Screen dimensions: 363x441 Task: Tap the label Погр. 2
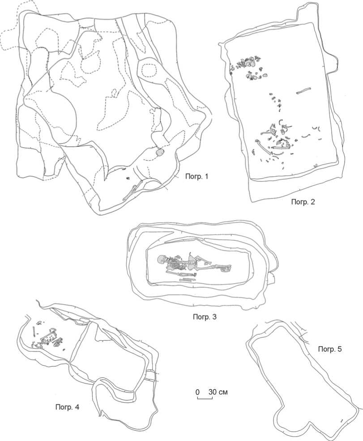(x=303, y=202)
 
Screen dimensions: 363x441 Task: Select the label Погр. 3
(x=205, y=317)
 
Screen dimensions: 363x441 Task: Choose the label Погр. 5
(x=330, y=349)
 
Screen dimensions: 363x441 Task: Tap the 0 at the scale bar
(x=197, y=392)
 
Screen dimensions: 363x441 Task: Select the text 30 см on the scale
(x=218, y=392)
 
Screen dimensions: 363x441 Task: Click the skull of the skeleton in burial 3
(x=161, y=259)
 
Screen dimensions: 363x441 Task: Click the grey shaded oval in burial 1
(x=159, y=153)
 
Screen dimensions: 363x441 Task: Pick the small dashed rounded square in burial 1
(x=148, y=71)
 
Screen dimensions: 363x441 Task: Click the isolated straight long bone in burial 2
(x=303, y=91)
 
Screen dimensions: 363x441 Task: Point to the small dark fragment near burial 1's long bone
(x=128, y=178)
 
